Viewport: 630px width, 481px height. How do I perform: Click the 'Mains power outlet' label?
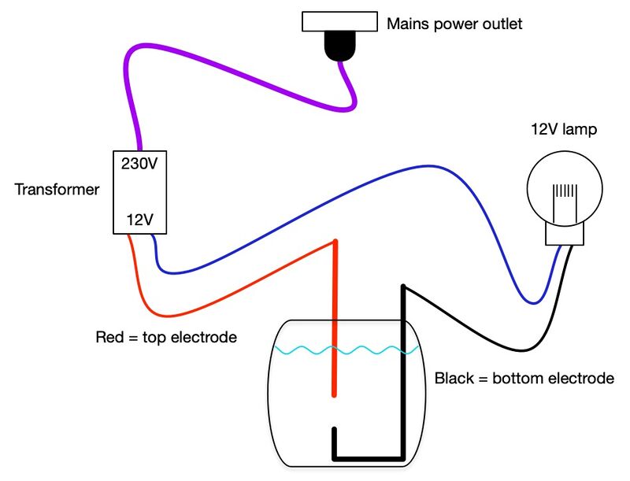point(454,24)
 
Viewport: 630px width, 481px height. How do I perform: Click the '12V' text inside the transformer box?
point(139,220)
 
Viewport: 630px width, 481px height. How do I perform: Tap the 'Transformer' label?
point(57,190)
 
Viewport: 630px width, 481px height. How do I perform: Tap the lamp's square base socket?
point(565,233)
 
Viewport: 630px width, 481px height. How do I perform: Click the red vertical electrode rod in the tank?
point(335,331)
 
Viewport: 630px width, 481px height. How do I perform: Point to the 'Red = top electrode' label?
point(166,338)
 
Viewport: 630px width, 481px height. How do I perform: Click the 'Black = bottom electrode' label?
point(524,379)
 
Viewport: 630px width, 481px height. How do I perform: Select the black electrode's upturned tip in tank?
point(335,441)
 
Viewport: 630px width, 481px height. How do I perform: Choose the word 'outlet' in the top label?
point(501,24)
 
